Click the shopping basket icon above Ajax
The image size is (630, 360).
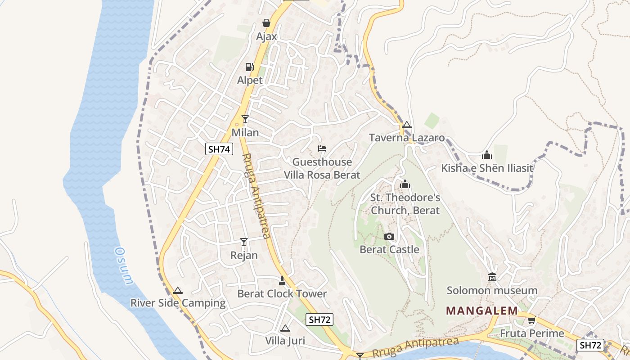266,23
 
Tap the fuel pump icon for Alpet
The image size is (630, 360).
249,67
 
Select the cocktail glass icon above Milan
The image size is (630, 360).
245,119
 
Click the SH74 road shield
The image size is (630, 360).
219,149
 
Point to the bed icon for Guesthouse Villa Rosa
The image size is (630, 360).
322,148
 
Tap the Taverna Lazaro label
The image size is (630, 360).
407,138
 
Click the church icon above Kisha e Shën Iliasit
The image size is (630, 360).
487,155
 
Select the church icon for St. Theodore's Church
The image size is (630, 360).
405,184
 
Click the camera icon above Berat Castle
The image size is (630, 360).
389,236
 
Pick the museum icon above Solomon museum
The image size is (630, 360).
492,277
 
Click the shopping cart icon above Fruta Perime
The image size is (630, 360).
531,320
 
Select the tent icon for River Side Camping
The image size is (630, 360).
178,290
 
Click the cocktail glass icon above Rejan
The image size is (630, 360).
244,242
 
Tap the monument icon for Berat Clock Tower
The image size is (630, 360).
282,281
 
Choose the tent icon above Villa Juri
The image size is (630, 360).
285,328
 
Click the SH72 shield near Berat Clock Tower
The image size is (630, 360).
319,320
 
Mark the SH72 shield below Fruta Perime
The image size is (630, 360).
590,345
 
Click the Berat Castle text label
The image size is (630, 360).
389,249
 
